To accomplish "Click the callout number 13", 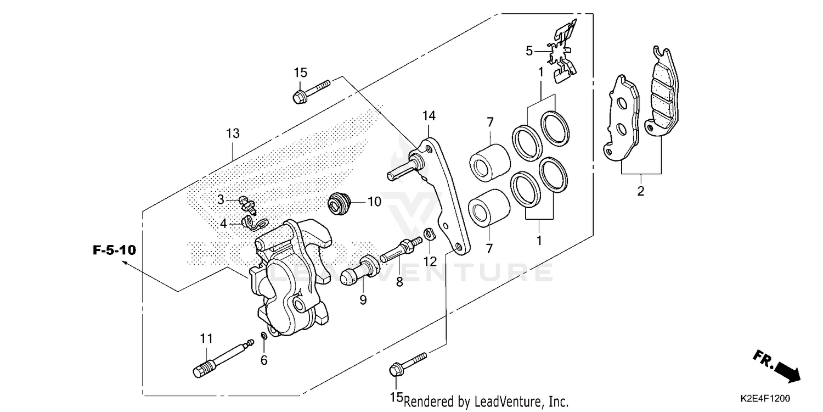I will point(233,133).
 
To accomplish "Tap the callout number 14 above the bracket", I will point(429,115).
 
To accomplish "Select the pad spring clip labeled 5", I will point(562,52).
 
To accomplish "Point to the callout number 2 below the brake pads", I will point(640,191).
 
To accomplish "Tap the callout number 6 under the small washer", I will point(264,360).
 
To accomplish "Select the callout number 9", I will point(363,299).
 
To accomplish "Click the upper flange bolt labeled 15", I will point(310,92).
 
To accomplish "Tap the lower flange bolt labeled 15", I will point(406,364).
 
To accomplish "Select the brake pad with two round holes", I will point(622,118).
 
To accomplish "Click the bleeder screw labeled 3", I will point(247,204).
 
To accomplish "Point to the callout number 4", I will point(223,224).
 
